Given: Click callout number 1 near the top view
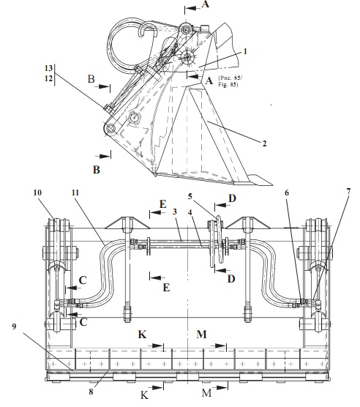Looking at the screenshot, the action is (245, 52).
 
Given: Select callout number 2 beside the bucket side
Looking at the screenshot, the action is (264, 143).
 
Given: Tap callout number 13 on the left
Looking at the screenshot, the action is (48, 68).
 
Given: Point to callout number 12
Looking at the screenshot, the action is (48, 78).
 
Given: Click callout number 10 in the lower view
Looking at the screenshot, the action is (37, 193).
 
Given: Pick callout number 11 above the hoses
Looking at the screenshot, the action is (75, 193).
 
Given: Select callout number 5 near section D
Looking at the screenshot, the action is (190, 196).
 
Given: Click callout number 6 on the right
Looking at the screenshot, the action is (287, 193).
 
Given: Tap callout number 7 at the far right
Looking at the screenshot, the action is (348, 192).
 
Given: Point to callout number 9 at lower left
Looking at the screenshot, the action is (14, 326).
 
